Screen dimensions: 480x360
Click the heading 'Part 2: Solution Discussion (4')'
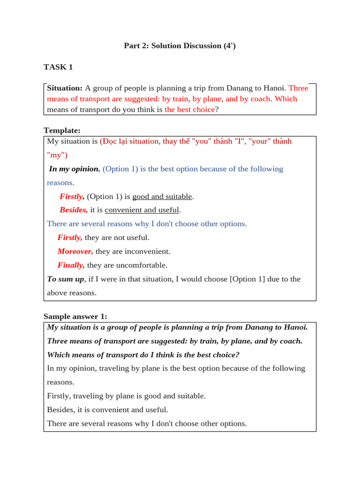click(180, 45)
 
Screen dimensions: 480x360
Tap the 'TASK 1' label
click(58, 67)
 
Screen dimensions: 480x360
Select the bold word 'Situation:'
click(65, 88)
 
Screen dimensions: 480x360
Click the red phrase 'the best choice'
click(190, 110)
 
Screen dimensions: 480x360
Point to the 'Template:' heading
click(62, 130)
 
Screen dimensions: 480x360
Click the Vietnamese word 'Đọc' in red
click(111, 141)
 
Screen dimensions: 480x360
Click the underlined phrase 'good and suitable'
click(162, 196)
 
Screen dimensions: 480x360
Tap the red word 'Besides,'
click(74, 210)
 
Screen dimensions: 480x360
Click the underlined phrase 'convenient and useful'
click(142, 210)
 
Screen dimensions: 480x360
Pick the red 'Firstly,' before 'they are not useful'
click(70, 238)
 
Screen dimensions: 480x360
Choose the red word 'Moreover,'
click(75, 251)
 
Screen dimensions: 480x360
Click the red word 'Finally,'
click(71, 265)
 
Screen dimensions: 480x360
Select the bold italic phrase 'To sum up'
click(66, 279)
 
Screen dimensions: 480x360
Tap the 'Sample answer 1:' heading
click(75, 316)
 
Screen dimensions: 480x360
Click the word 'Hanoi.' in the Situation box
click(275, 88)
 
